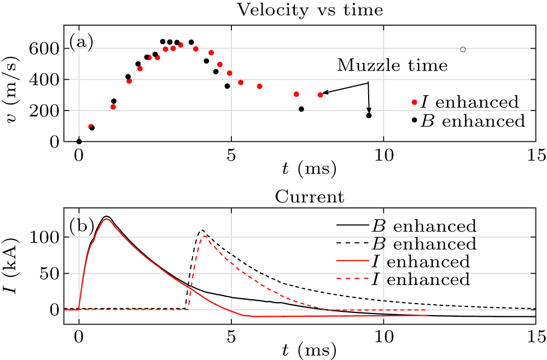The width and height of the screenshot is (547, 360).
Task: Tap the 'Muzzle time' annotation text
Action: (x=392, y=66)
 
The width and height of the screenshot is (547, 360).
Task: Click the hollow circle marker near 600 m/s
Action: (x=463, y=49)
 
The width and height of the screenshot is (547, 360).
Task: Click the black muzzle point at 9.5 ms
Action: (x=369, y=115)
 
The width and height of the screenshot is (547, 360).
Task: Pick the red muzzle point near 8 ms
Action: (x=320, y=95)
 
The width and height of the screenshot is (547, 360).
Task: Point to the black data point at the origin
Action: (x=79, y=141)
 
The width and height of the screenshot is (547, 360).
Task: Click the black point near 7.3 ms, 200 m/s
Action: (x=301, y=109)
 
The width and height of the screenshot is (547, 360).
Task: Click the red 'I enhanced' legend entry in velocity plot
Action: (x=465, y=102)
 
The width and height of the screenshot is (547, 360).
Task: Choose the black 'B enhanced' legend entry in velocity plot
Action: (x=465, y=120)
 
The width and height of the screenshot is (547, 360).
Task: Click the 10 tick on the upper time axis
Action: (x=383, y=155)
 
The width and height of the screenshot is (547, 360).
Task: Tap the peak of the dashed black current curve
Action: (x=202, y=230)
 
